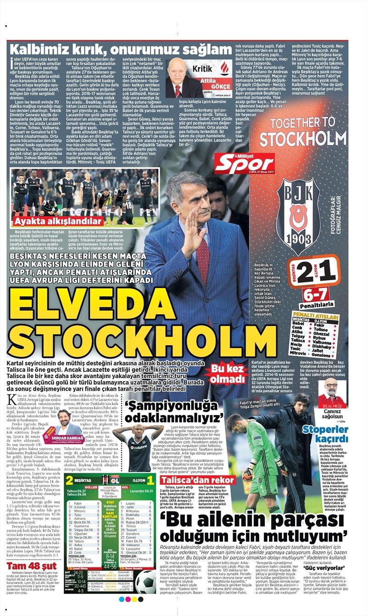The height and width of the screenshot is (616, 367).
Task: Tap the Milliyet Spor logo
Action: pyautogui.click(x=245, y=164)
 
